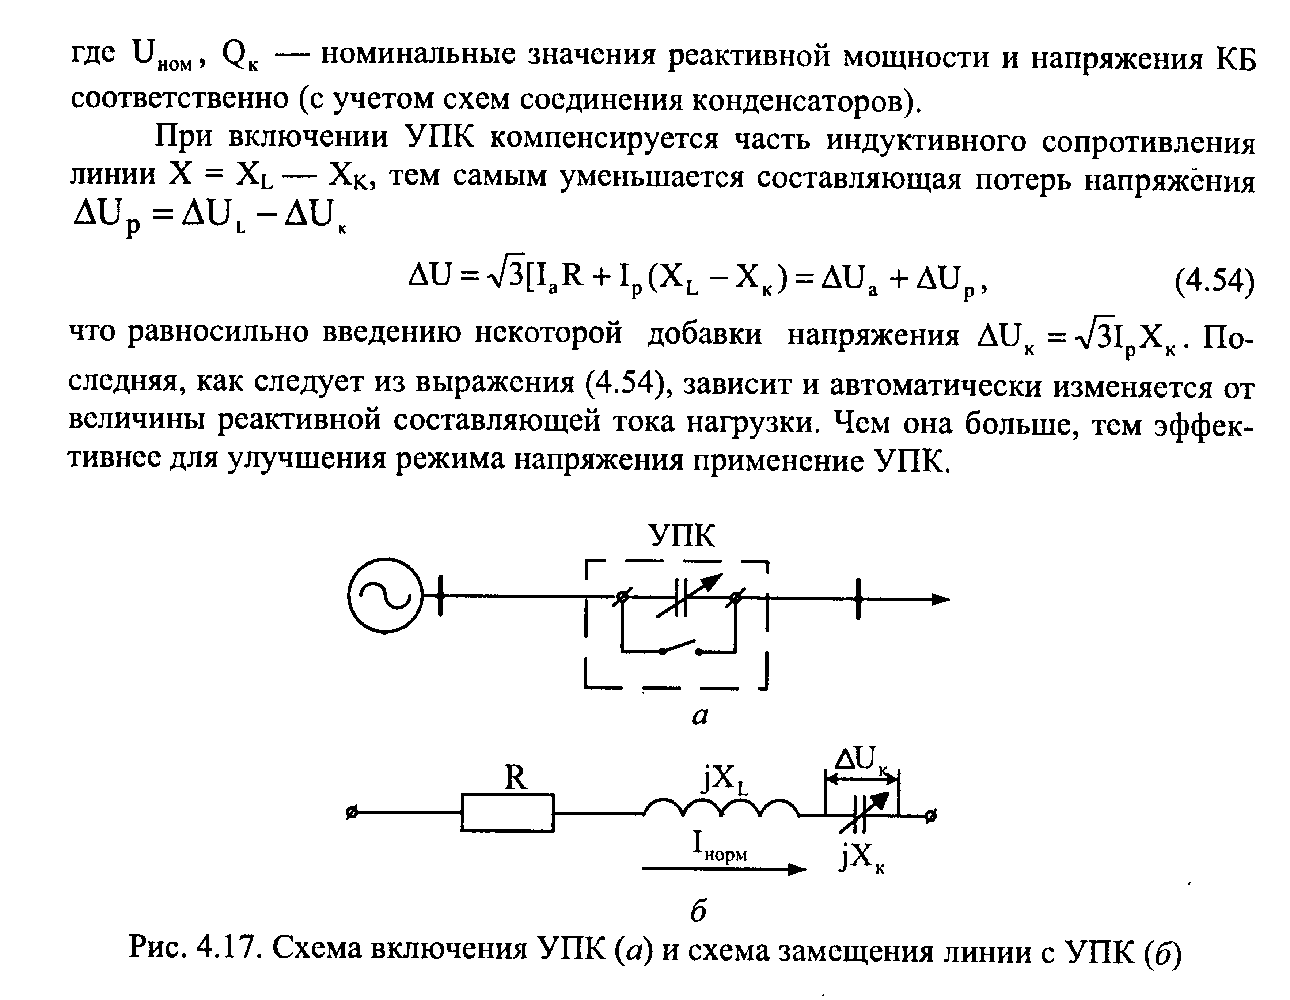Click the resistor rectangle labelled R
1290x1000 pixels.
point(507,813)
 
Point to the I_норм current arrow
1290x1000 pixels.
point(724,869)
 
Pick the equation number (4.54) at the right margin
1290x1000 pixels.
point(1214,282)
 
